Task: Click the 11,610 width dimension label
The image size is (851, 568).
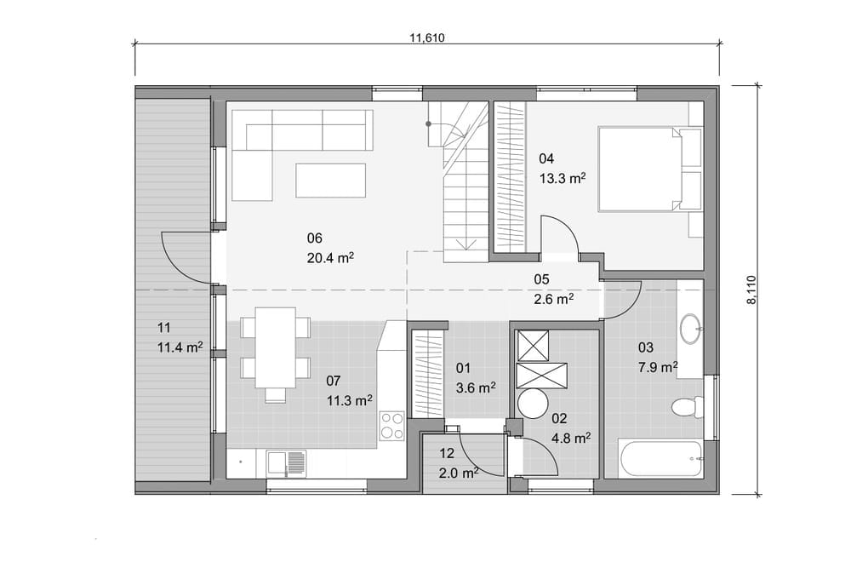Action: point(427,38)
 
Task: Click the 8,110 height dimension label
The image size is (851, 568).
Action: point(751,290)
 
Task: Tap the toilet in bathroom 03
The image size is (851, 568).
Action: point(687,407)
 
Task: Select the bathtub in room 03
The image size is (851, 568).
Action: point(660,459)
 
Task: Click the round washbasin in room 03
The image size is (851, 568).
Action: point(691,329)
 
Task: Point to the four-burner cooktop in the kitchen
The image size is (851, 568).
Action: point(391,425)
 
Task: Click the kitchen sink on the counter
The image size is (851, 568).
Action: point(286,464)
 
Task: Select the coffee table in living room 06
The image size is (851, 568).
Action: point(331,181)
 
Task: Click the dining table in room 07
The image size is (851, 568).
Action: point(276,347)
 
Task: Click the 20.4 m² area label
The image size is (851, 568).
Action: point(330,258)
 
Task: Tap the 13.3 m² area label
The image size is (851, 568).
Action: point(563,178)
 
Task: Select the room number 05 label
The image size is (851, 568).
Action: point(541,279)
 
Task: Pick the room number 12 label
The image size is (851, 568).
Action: point(447,453)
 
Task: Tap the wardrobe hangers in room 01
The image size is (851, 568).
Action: point(429,376)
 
